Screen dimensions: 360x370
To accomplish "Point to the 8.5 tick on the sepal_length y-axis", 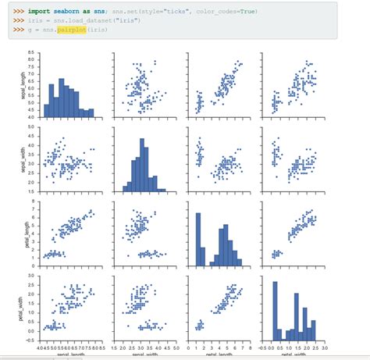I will [x=32, y=52].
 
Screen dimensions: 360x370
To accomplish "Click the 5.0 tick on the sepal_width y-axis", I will [x=32, y=127].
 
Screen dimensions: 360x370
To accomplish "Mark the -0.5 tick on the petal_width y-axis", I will [x=31, y=340].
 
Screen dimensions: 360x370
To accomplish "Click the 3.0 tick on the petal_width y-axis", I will [x=32, y=275].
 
